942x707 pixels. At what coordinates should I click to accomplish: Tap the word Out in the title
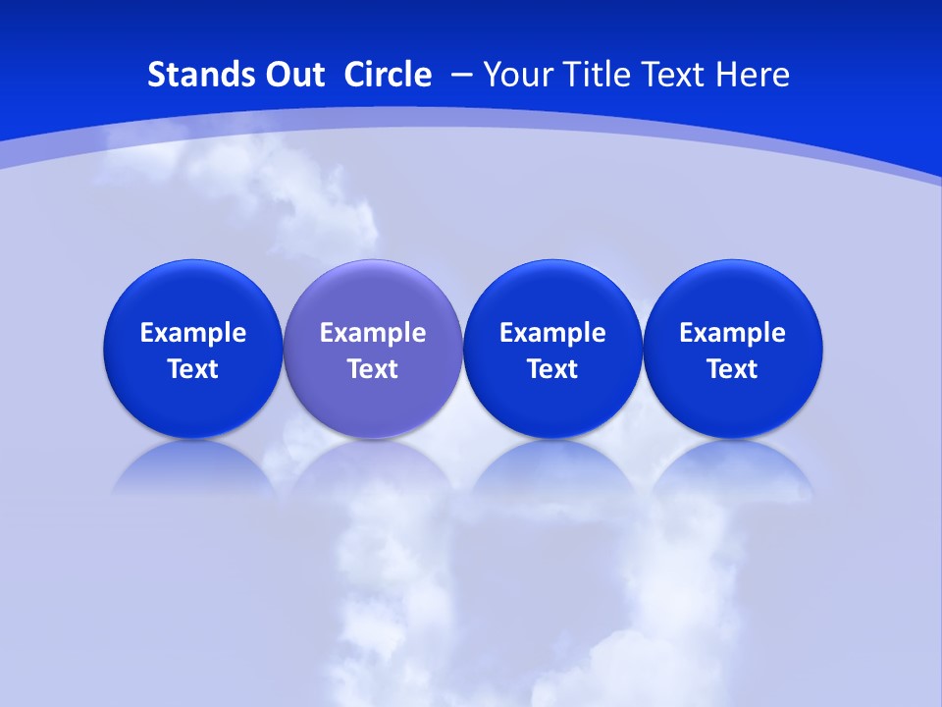point(291,75)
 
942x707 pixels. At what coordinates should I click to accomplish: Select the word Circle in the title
point(388,75)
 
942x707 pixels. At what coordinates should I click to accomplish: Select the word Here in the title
point(752,75)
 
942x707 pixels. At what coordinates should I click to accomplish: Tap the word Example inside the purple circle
point(373,333)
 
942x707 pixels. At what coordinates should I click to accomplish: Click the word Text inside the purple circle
point(373,369)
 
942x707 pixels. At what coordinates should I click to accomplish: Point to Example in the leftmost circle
point(192,333)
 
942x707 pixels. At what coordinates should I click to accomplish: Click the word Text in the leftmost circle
point(192,369)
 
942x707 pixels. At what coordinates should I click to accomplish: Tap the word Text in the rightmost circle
point(733,369)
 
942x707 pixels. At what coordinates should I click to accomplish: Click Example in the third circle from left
point(552,333)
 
